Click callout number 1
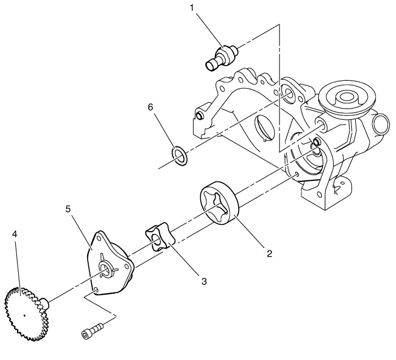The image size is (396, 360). [x=192, y=8]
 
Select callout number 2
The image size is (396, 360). [x=270, y=254]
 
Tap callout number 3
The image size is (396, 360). [x=204, y=281]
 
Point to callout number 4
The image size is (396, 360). [x=15, y=235]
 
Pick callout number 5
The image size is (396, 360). [x=68, y=209]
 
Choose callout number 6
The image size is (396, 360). [x=150, y=107]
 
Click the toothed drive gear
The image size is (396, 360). [x=26, y=314]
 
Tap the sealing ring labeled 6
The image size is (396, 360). [x=179, y=155]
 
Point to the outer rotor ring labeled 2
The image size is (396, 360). [x=219, y=202]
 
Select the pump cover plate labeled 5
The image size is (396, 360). [x=109, y=262]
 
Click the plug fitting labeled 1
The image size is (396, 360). [x=222, y=58]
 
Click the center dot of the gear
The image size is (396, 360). [x=24, y=315]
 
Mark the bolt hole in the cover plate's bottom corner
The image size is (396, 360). [x=96, y=289]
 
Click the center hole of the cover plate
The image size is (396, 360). [x=106, y=270]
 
